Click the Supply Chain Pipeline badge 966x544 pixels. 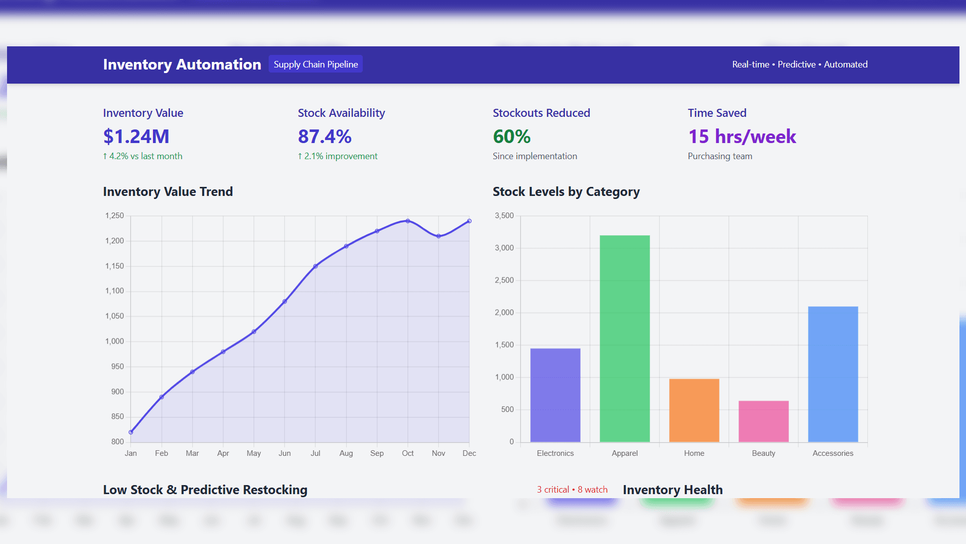pos(315,64)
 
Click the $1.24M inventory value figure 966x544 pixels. pos(136,137)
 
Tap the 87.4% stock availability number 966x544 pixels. pos(325,137)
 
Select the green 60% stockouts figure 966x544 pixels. pos(512,137)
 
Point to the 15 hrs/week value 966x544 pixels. pos(742,137)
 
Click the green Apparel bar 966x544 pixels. pos(624,338)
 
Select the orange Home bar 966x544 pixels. pos(694,410)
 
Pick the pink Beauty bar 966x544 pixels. pos(763,421)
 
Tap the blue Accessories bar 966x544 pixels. pos(833,374)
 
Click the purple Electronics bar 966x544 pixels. pos(555,395)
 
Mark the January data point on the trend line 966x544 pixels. pos(131,432)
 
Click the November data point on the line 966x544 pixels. pos(439,236)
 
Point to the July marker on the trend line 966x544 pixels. pos(315,266)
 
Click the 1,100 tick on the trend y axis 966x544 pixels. pos(114,291)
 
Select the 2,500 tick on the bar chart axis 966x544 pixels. pos(504,280)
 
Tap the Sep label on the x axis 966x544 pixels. pos(377,453)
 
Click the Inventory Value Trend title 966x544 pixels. pos(168,192)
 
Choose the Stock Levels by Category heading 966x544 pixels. pos(566,192)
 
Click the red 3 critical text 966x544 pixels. pos(553,490)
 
